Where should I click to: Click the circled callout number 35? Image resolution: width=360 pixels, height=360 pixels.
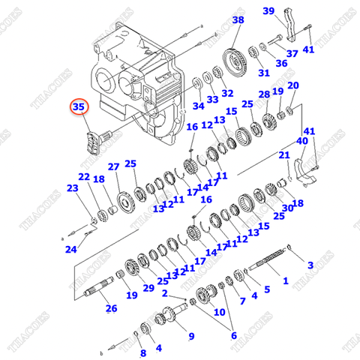79,108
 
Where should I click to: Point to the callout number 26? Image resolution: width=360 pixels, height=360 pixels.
111,308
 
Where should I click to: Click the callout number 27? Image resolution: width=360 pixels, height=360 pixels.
113,166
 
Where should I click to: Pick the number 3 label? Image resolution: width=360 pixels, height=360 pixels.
310,265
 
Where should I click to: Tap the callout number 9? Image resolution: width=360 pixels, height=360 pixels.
190,336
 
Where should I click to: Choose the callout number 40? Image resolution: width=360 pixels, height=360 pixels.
302,141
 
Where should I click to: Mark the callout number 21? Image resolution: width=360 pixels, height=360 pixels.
284,155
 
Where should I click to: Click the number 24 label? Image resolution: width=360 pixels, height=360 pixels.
70,249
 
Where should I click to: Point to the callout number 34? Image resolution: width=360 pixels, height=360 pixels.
198,106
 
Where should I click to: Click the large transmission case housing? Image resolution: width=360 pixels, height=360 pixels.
135,82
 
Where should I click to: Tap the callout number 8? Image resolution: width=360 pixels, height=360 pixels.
143,353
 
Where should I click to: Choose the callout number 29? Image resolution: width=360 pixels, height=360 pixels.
148,289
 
